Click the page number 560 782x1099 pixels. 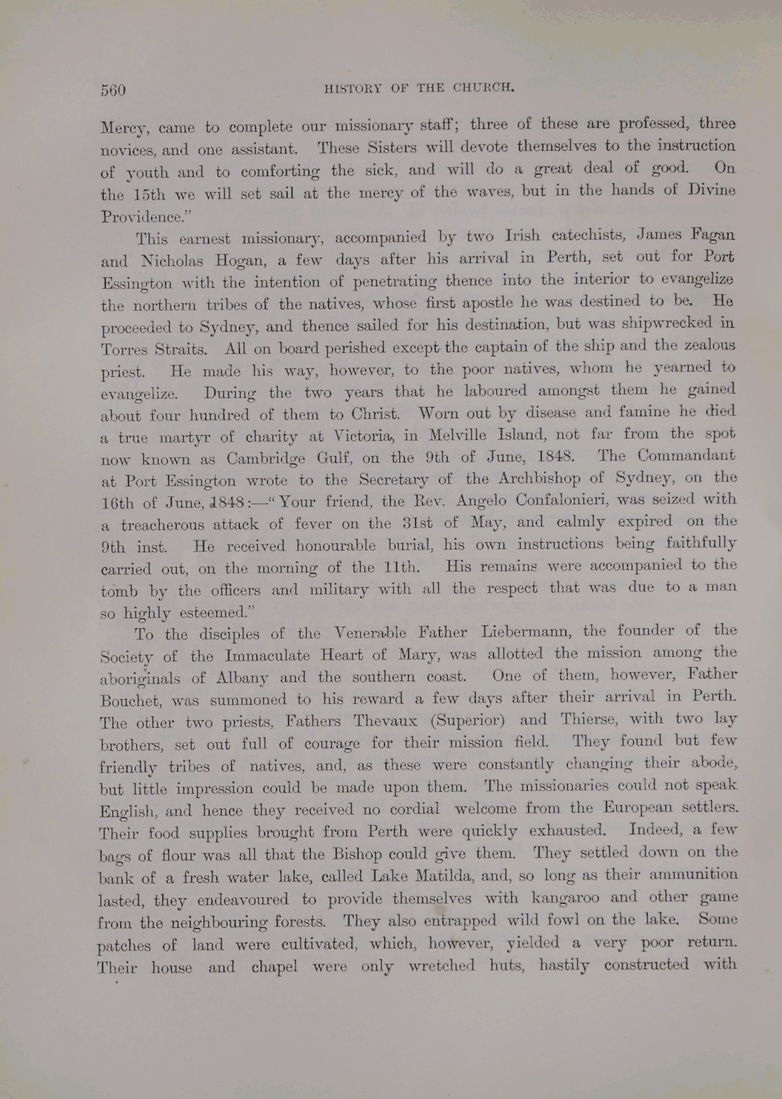point(112,91)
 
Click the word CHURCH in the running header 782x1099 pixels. point(484,88)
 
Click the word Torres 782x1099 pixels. point(124,349)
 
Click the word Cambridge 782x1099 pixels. point(266,460)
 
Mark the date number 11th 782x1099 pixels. point(399,567)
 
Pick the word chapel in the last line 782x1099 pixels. point(274,967)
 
